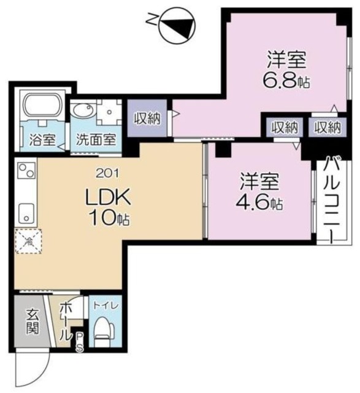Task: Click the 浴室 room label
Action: pyautogui.click(x=39, y=139)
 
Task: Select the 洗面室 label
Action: pyautogui.click(x=95, y=139)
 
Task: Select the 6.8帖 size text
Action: pyautogui.click(x=286, y=79)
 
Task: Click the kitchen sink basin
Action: pyautogui.click(x=26, y=215)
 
